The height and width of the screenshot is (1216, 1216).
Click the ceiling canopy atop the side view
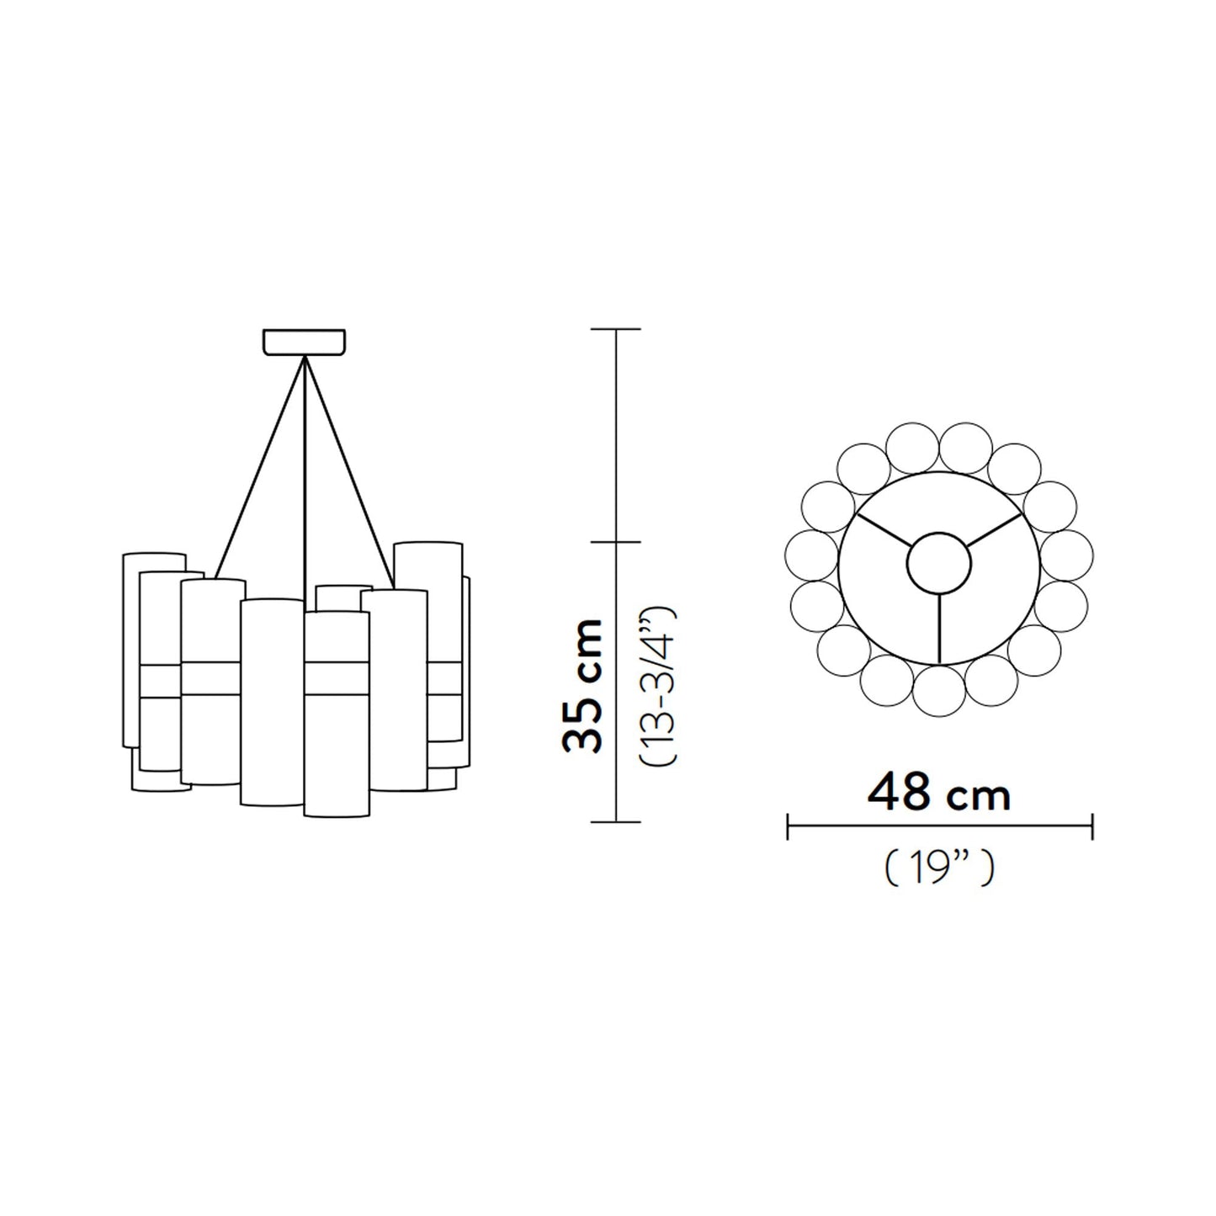[x=304, y=342]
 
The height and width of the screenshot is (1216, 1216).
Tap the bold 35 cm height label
[x=583, y=685]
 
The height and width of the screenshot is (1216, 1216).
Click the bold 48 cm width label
[x=938, y=793]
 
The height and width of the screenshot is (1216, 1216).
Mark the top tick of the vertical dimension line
[x=617, y=329]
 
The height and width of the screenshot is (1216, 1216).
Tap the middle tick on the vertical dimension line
[x=617, y=542]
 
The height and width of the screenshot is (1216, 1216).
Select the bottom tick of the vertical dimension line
[x=617, y=821]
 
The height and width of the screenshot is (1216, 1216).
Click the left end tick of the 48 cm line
[x=787, y=826]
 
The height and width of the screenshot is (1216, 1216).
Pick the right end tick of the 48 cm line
[x=1092, y=826]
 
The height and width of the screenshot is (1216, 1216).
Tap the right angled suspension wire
[x=349, y=471]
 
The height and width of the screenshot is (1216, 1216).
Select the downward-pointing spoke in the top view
[x=938, y=627]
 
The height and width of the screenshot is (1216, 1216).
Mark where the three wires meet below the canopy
[x=304, y=359]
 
